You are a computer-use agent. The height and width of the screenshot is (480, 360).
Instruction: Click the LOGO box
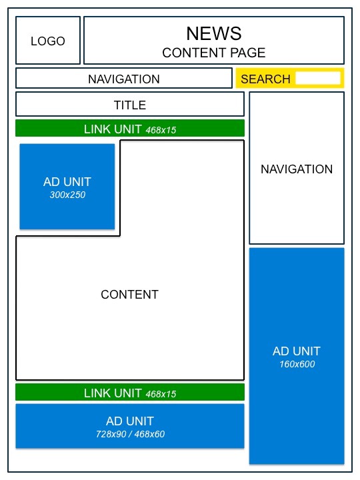[x=48, y=41]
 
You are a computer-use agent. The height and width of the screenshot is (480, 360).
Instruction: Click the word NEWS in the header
[x=213, y=33]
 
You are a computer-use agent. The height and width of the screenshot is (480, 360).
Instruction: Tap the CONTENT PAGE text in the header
[x=213, y=53]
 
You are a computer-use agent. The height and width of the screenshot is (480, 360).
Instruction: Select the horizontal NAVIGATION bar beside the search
[x=124, y=79]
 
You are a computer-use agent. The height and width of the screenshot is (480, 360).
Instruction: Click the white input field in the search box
[x=317, y=79]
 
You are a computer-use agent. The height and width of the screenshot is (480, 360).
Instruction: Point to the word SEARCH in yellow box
[x=265, y=79]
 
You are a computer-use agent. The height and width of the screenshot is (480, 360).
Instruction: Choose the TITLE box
[x=130, y=105]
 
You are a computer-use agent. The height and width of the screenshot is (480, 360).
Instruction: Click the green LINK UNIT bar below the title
[x=130, y=129]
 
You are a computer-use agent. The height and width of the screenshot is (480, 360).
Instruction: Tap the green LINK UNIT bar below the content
[x=130, y=393]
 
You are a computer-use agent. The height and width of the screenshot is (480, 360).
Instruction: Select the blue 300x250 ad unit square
[x=67, y=187]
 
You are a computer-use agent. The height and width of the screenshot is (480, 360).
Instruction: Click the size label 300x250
[x=67, y=195]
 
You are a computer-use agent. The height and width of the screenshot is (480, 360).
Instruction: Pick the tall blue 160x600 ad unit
[x=297, y=356]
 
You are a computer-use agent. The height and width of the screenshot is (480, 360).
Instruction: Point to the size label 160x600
[x=297, y=365]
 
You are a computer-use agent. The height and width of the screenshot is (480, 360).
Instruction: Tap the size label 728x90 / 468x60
[x=130, y=435]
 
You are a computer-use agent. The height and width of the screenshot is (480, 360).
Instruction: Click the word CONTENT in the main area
[x=130, y=295]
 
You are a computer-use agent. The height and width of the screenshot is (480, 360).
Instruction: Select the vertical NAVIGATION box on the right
[x=297, y=169]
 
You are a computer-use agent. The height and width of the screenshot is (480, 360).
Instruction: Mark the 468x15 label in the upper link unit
[x=161, y=130]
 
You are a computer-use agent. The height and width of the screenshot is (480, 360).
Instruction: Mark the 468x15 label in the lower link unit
[x=161, y=394]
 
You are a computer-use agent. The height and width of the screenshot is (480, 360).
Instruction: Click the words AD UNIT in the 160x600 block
[x=297, y=351]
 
